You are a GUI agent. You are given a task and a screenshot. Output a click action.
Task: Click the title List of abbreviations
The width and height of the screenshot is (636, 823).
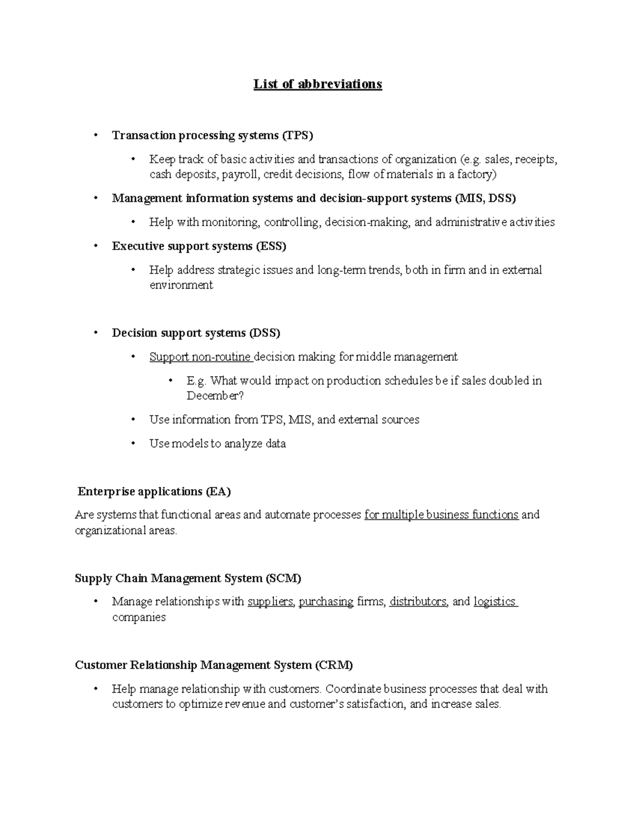[x=317, y=84]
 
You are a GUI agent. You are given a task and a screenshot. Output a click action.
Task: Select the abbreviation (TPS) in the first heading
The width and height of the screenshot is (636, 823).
[x=297, y=136]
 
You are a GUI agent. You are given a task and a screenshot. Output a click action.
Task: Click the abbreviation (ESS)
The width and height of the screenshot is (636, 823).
[x=271, y=246]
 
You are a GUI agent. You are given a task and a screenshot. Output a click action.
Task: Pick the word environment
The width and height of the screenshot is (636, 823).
[x=181, y=285]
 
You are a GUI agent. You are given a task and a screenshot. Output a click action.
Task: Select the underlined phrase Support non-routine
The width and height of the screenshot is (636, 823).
[x=200, y=357]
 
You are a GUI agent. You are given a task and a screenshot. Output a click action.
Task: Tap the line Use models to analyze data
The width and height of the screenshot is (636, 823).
[x=217, y=444]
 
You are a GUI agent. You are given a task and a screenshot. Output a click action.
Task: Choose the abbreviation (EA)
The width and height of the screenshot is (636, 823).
[x=218, y=492]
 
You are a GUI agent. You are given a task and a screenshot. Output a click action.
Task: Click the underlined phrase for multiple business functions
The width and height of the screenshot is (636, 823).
[x=441, y=515]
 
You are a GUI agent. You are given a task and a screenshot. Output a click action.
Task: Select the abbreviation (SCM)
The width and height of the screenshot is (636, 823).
[x=282, y=578]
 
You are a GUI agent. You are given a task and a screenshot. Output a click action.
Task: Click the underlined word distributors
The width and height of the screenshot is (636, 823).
[x=418, y=602]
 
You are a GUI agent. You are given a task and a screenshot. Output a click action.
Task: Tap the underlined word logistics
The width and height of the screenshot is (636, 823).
[x=494, y=602]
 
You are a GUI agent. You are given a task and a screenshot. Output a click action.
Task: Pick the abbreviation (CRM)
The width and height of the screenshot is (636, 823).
[x=333, y=665]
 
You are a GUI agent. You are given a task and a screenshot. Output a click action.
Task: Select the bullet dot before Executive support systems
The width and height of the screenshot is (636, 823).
[x=95, y=246]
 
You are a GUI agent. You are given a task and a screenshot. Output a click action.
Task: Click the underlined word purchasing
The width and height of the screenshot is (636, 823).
[x=326, y=602]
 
